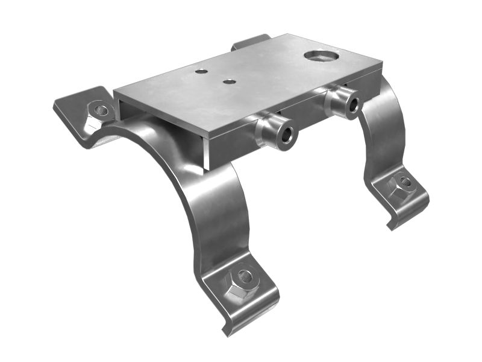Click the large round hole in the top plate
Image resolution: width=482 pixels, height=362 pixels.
321,56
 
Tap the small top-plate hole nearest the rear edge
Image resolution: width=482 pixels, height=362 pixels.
201,71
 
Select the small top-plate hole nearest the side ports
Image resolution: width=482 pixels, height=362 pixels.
228,81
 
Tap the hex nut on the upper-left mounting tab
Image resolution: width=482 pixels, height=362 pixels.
100,111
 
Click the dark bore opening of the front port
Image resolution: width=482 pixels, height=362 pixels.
285,136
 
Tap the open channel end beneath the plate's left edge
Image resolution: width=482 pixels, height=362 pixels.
124,112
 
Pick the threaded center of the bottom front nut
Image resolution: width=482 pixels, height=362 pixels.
245,278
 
